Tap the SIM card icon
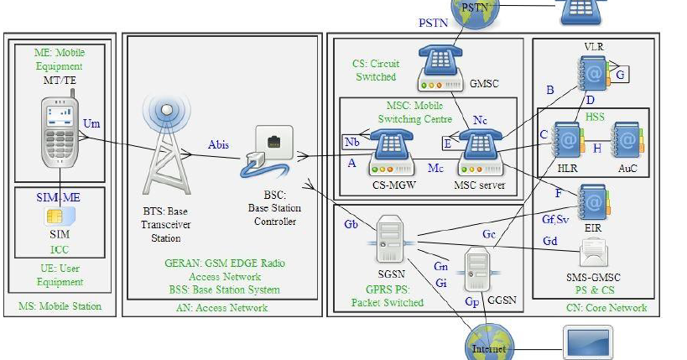coord(60,216)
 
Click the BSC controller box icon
coord(268,151)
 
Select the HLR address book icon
coord(566,138)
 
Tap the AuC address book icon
coord(625,138)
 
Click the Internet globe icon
coord(489,345)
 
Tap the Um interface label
coord(91,124)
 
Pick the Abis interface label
coord(218,144)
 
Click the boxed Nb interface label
coord(351,141)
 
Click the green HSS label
coord(596,117)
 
